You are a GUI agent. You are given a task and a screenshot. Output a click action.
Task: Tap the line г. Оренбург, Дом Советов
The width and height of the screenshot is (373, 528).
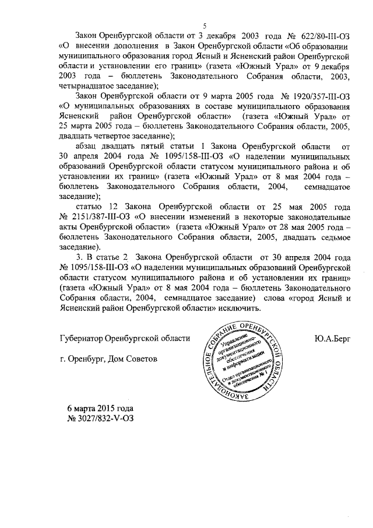point(108,358)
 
